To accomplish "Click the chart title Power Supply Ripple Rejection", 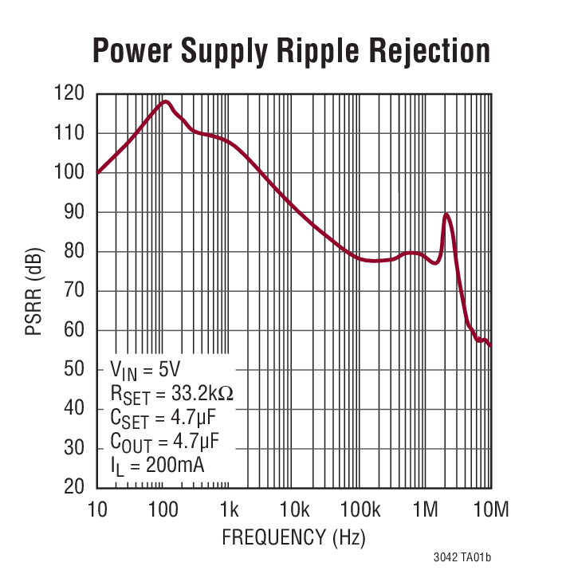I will pos(292,50).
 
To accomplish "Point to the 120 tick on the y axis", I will pos(69,93).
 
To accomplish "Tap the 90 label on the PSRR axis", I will pos(73,212).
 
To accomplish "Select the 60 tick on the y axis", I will pos(73,330).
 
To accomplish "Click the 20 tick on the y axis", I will pos(73,487).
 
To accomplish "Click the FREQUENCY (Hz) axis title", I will pos(293,537).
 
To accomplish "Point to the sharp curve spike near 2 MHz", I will pos(446,214).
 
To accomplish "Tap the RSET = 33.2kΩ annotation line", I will pos(171,394).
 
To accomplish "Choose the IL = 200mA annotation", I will pos(156,463).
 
